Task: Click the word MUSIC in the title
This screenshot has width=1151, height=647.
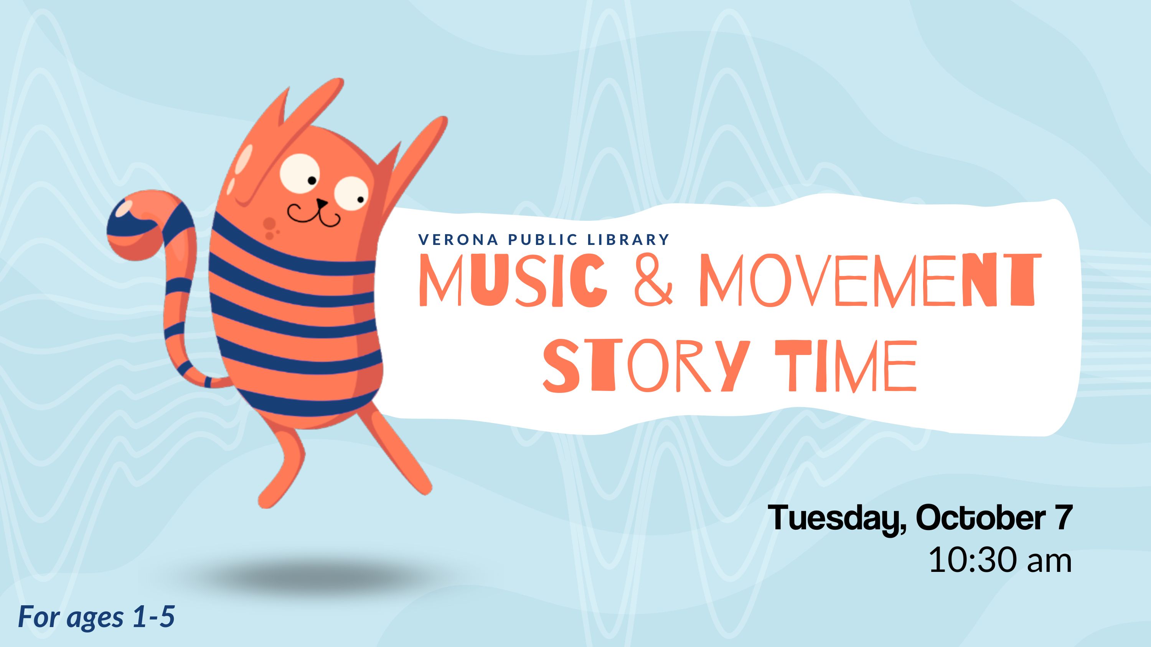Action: (513, 280)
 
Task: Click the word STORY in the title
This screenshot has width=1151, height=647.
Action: (645, 366)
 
